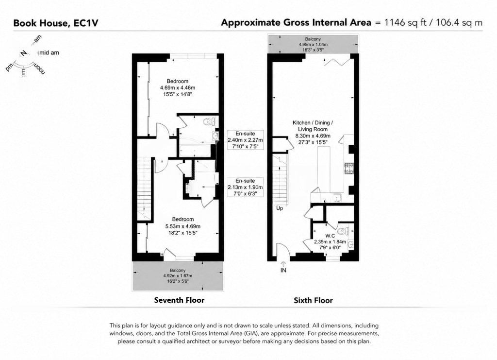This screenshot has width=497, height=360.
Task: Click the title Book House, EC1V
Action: point(56,23)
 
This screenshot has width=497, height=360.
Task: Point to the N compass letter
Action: point(23,53)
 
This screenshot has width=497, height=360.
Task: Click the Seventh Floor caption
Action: point(179,300)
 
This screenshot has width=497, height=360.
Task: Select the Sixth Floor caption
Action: point(313,300)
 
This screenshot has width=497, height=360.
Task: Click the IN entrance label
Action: point(283,270)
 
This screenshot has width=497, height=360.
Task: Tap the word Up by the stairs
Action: point(280,208)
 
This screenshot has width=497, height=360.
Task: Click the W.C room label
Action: point(330,236)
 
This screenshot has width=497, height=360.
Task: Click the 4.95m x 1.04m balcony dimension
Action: point(313,45)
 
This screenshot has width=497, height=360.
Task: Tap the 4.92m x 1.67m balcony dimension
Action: point(178,275)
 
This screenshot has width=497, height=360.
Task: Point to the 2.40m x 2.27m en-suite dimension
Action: point(245,140)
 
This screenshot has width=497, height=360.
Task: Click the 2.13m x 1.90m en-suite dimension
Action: point(245,187)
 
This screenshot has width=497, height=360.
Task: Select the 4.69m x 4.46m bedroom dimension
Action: point(178,88)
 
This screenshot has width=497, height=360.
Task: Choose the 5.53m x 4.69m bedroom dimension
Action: point(183,226)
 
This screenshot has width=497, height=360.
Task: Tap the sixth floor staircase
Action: point(280,180)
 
